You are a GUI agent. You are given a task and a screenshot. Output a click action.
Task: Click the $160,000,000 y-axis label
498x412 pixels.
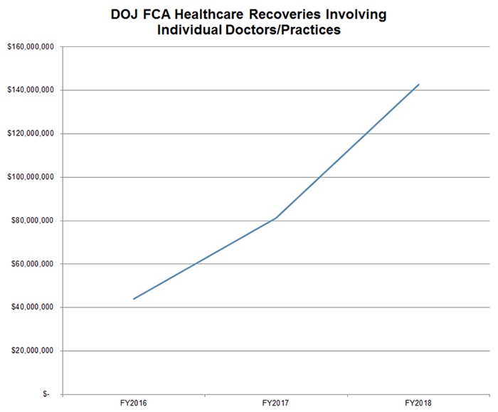pos(31,47)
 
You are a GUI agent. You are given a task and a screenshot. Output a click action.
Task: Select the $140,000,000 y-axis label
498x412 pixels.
pos(31,90)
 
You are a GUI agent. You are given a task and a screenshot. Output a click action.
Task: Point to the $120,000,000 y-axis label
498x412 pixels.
pos(31,134)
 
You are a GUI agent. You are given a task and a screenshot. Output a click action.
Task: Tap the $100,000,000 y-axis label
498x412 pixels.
pos(31,177)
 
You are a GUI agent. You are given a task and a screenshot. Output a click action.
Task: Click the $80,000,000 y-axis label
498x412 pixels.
pos(33,221)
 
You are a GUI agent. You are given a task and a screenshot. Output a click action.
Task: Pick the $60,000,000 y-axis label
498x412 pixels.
pos(33,264)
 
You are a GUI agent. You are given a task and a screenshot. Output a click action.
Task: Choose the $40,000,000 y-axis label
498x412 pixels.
pos(33,307)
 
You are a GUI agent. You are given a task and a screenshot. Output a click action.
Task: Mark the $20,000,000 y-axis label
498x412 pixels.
pos(33,351)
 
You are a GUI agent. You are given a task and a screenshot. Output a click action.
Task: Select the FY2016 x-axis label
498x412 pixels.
pos(133,403)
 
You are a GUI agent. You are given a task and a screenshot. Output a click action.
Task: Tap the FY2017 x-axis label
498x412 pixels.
pos(275,403)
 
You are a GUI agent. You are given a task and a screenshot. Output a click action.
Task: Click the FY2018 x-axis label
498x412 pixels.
pos(418,403)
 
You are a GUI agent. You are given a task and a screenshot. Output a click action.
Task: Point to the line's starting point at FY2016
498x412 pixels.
pos(133,299)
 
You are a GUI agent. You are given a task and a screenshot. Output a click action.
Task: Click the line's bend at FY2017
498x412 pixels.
pos(275,218)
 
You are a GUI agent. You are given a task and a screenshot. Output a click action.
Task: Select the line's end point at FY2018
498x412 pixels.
pos(418,85)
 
